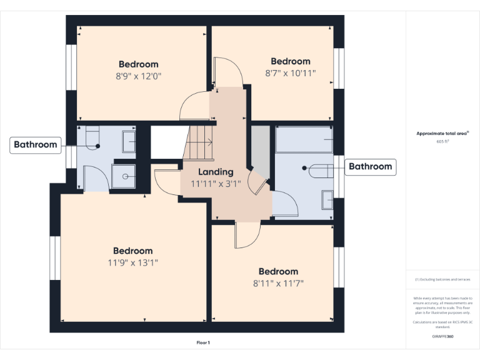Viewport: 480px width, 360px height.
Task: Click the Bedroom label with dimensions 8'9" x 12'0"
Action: pos(139,64)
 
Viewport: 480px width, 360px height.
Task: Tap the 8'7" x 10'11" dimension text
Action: pos(291,72)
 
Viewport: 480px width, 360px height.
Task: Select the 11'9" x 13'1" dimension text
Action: pos(132,262)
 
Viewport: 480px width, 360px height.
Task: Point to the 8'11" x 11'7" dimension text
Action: pos(279,283)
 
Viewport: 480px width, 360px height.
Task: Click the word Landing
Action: pos(216,172)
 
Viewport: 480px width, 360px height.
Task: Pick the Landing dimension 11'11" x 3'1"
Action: pos(216,183)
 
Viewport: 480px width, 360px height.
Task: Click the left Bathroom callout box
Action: pos(36,145)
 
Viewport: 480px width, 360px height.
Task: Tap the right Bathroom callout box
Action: pos(370,166)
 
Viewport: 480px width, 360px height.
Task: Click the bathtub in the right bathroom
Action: pos(304,139)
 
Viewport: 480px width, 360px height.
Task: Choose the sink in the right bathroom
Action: pos(327,199)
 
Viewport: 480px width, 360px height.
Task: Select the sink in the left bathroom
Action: pos(129,141)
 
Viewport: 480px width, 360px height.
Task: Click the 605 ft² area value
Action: pos(443,142)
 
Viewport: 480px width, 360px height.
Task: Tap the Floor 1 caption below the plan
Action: pos(203,342)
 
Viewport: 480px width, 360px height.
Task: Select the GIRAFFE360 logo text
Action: pos(443,337)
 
